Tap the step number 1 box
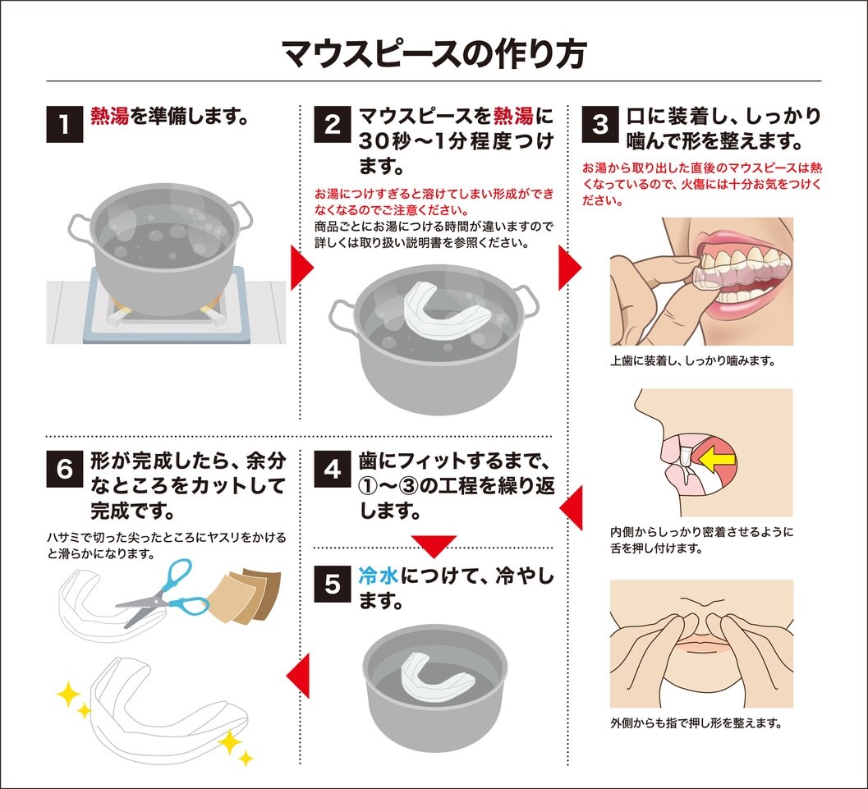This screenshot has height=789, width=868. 65,124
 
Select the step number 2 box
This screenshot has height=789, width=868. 332,124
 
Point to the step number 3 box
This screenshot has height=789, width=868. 600,124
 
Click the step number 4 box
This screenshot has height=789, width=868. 332,469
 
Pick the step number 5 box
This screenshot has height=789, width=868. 332,584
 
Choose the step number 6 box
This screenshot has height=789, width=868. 65,469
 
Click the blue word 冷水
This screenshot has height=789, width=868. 378,576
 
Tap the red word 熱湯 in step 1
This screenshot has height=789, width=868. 109,117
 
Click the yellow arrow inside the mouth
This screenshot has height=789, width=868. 717,458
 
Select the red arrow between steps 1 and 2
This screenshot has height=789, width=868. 302,268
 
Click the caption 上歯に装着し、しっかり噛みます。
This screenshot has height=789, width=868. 692,360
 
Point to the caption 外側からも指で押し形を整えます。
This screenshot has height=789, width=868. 696,722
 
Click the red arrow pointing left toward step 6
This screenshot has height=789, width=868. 298,675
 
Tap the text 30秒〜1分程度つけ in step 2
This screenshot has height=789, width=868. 456,141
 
